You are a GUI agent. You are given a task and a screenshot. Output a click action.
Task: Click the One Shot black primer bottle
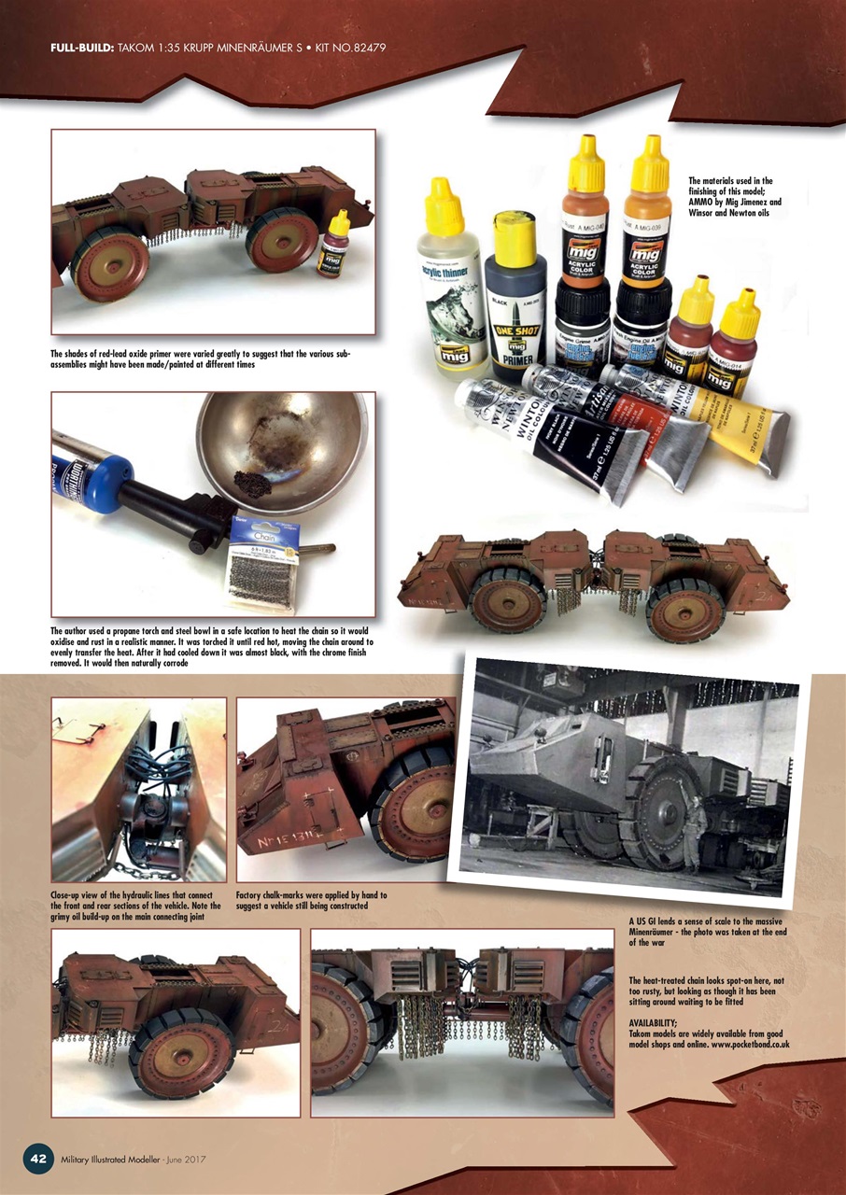515,299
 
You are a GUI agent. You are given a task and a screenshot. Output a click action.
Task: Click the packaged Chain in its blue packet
255,560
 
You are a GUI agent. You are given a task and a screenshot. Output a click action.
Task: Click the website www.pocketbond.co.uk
739,1045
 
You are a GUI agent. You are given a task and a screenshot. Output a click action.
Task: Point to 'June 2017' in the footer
184,1159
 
